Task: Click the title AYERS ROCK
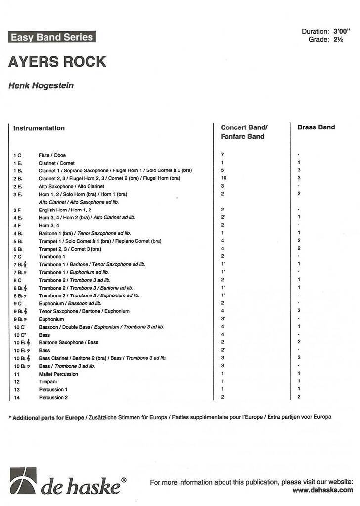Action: [x=57, y=62]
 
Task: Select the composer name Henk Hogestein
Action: [x=41, y=86]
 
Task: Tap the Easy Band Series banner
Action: [x=51, y=37]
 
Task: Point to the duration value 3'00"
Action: [x=341, y=32]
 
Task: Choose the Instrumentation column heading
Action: [x=39, y=128]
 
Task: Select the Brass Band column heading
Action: [x=316, y=127]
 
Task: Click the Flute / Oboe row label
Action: [x=52, y=155]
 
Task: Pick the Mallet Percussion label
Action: [x=58, y=374]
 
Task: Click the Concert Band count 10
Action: [x=224, y=178]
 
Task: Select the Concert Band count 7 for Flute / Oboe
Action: [x=222, y=155]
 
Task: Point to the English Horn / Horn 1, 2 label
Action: [x=64, y=210]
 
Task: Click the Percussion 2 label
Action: [x=53, y=397]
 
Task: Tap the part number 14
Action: [x=16, y=397]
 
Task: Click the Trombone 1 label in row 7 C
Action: [x=52, y=256]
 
